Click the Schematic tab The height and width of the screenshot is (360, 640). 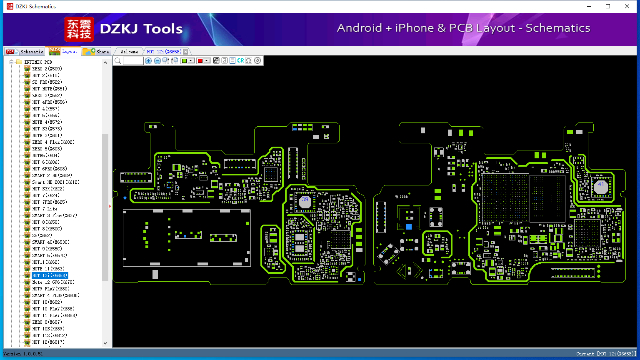pyautogui.click(x=25, y=51)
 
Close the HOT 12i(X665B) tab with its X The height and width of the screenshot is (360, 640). pyautogui.click(x=186, y=52)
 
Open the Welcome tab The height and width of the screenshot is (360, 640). pyautogui.click(x=129, y=52)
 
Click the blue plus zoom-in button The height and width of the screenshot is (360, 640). pyautogui.click(x=148, y=60)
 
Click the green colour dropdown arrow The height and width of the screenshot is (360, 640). pyautogui.click(x=190, y=60)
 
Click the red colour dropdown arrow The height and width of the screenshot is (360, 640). pyautogui.click(x=207, y=60)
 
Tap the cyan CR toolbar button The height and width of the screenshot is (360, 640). pyautogui.click(x=240, y=60)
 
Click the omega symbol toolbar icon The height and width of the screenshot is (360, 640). pyautogui.click(x=249, y=60)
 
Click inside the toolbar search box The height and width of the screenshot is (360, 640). pyautogui.click(x=133, y=60)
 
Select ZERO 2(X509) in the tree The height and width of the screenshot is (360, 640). pyautogui.click(x=47, y=69)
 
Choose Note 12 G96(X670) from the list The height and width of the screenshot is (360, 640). pyautogui.click(x=53, y=282)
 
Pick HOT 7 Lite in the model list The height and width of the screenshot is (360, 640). pyautogui.click(x=45, y=209)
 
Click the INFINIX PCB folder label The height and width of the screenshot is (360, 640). pyautogui.click(x=38, y=62)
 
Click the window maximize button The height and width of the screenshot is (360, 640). pyautogui.click(x=608, y=6)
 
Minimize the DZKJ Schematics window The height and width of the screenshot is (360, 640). pyautogui.click(x=589, y=6)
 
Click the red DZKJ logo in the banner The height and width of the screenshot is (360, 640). pyautogui.click(x=79, y=29)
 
